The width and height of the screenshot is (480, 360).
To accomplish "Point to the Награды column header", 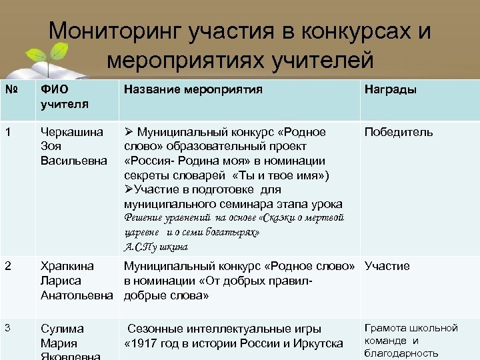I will [390, 89].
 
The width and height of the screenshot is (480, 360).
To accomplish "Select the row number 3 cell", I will [7, 328].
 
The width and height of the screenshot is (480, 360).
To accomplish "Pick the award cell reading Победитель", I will [398, 132].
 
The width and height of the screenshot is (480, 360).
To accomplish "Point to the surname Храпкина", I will [67, 266].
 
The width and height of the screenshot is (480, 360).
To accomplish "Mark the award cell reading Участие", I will [387, 266].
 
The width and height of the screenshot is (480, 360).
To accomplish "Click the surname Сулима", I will [62, 329].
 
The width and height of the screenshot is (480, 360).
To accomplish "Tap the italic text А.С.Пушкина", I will [156, 247].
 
